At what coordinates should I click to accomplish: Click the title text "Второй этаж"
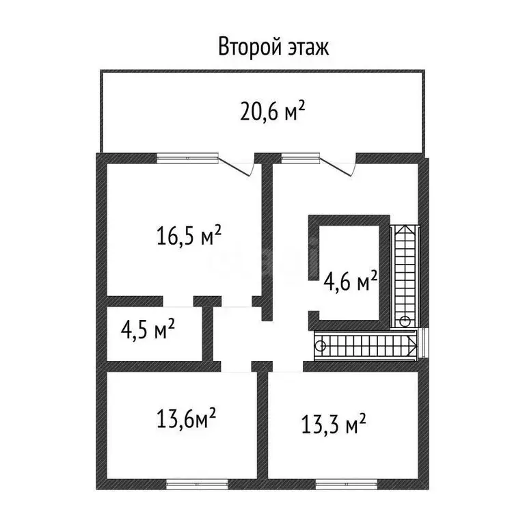click(x=273, y=47)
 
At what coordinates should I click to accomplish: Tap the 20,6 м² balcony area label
click(x=273, y=111)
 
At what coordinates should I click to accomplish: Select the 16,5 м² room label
click(x=189, y=235)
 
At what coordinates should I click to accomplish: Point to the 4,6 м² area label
click(x=350, y=281)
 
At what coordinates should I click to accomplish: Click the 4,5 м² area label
click(x=148, y=329)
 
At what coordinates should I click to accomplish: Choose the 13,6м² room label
click(x=186, y=418)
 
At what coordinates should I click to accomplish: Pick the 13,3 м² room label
click(x=334, y=424)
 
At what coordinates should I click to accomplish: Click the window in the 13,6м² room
click(x=197, y=484)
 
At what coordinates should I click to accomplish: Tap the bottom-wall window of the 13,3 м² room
click(x=347, y=484)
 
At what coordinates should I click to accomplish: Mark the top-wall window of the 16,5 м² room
click(x=187, y=158)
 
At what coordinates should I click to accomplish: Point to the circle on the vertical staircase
click(x=405, y=321)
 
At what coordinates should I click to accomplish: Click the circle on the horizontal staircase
click(x=320, y=346)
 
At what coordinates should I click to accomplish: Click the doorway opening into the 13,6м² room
click(x=236, y=366)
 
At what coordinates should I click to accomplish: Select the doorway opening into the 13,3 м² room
click(x=288, y=366)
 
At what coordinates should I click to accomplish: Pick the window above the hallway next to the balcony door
click(x=300, y=158)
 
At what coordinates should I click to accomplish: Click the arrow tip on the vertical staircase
click(x=405, y=226)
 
